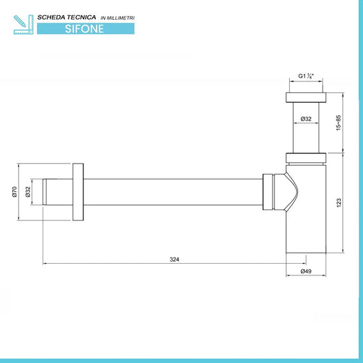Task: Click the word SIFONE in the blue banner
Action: point(84,29)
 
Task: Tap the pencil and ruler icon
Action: point(23,25)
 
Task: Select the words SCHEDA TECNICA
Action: point(66,17)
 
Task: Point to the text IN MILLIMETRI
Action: point(117,18)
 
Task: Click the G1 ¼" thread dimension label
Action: point(306,76)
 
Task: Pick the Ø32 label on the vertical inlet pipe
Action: point(306,118)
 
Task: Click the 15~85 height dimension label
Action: point(338,123)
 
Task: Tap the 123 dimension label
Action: point(339,203)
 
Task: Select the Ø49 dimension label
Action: point(306,271)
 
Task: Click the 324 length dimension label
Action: point(175,260)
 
